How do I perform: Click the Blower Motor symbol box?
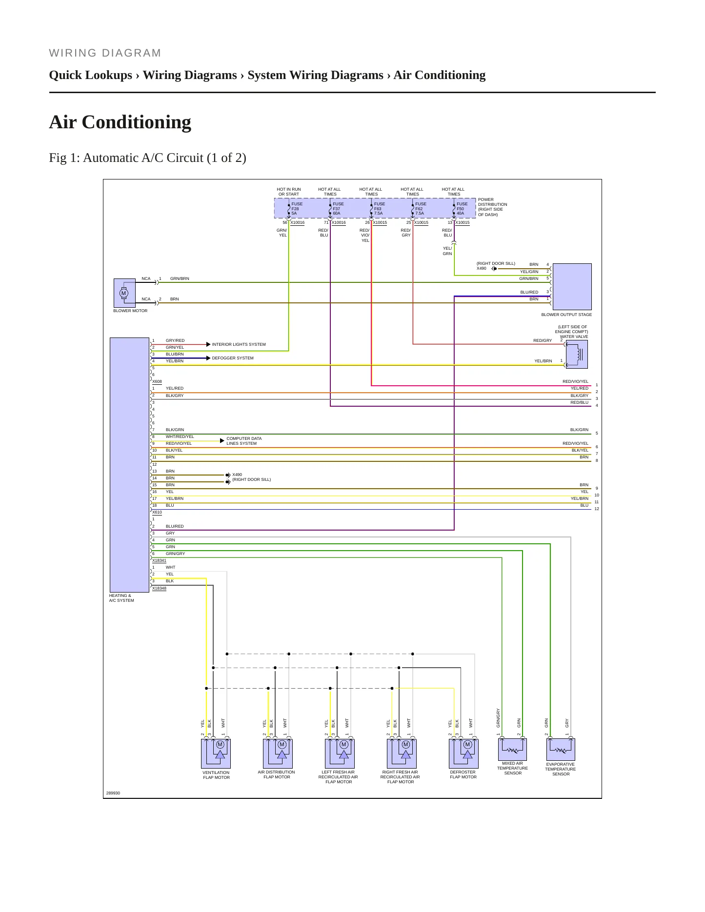pos(124,293)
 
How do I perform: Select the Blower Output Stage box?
pos(572,287)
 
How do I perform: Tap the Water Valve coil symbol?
pos(577,354)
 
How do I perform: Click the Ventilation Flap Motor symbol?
pos(216,753)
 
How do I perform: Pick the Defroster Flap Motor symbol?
pos(463,753)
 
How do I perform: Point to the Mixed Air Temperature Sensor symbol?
pos(512,749)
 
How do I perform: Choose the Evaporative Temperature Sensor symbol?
pos(561,749)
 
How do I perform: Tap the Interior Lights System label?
pos(239,344)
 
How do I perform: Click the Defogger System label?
pos(233,358)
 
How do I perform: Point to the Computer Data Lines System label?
pos(244,441)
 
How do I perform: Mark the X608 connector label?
pos(157,381)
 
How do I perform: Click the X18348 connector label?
pos(159,588)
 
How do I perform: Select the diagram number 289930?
pos(113,793)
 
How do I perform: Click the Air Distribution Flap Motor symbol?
pos(278,753)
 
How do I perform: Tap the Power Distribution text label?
pos(492,207)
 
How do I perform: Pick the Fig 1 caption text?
pos(148,158)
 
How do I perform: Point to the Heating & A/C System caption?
pos(121,598)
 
